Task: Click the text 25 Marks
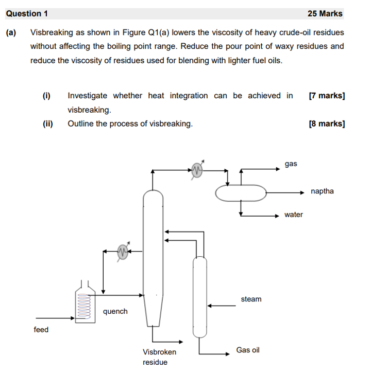[x=325, y=14]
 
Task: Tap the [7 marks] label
[x=327, y=96]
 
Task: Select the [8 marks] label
[x=327, y=123]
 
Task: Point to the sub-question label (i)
[x=47, y=96]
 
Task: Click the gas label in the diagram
[x=291, y=164]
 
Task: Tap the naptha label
[x=322, y=191]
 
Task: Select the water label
[x=294, y=215]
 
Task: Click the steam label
[x=251, y=299]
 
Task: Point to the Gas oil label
[x=248, y=350]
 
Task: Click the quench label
[x=115, y=311]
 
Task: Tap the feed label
[x=41, y=329]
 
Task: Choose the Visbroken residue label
[x=159, y=357]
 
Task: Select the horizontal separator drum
[x=241, y=193]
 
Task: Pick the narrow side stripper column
[x=199, y=296]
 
